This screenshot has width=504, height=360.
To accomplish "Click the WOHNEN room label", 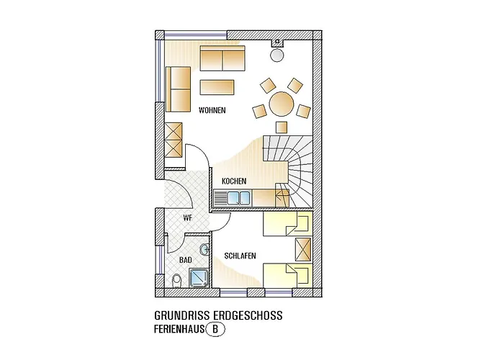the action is pos(212,110).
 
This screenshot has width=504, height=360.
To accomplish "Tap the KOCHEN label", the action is pos(234,181).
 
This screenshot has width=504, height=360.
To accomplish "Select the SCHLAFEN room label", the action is pos(240,256).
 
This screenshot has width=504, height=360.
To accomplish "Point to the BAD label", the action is pos(186,260).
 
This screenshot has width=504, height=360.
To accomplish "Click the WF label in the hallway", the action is pos(187,217).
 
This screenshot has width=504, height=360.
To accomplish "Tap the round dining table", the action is pos(282,104).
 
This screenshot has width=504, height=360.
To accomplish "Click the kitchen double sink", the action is pos(238,198).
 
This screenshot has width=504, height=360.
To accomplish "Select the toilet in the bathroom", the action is pos(177,282).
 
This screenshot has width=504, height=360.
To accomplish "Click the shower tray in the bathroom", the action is pos(199,278).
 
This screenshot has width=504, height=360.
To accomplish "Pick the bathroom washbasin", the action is pos(204,249).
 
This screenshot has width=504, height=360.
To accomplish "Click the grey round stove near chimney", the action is pos(276,55).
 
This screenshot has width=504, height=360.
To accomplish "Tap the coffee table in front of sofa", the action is pos(217,87).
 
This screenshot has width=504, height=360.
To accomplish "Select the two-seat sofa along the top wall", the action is pos(222,58).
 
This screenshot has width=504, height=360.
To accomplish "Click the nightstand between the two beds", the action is pos(303,249).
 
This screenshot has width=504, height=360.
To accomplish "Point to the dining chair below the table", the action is pos(282,127).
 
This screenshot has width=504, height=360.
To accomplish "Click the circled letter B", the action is pos(215,330).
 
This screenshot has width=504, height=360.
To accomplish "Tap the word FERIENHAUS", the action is pos(179,330).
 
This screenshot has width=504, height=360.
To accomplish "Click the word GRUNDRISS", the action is pos(176,315).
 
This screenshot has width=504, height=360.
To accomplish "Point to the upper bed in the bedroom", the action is pos(288,224).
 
